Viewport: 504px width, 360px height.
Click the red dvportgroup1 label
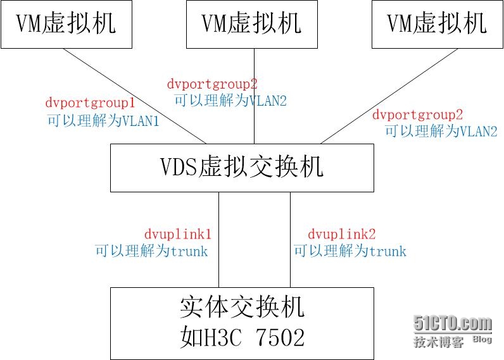91,102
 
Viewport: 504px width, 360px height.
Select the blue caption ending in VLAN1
103,120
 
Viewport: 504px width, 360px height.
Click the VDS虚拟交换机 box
242,168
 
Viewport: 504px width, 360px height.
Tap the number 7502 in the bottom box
278,337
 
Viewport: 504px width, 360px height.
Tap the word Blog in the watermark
482,340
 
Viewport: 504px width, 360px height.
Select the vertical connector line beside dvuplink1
219,240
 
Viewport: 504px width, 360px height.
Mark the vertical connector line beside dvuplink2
291,240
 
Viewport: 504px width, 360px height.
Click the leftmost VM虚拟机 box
66,24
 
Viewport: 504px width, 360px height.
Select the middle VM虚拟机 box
252,24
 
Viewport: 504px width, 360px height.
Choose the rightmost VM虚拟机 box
437,24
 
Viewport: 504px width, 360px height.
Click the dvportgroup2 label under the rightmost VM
417,115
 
